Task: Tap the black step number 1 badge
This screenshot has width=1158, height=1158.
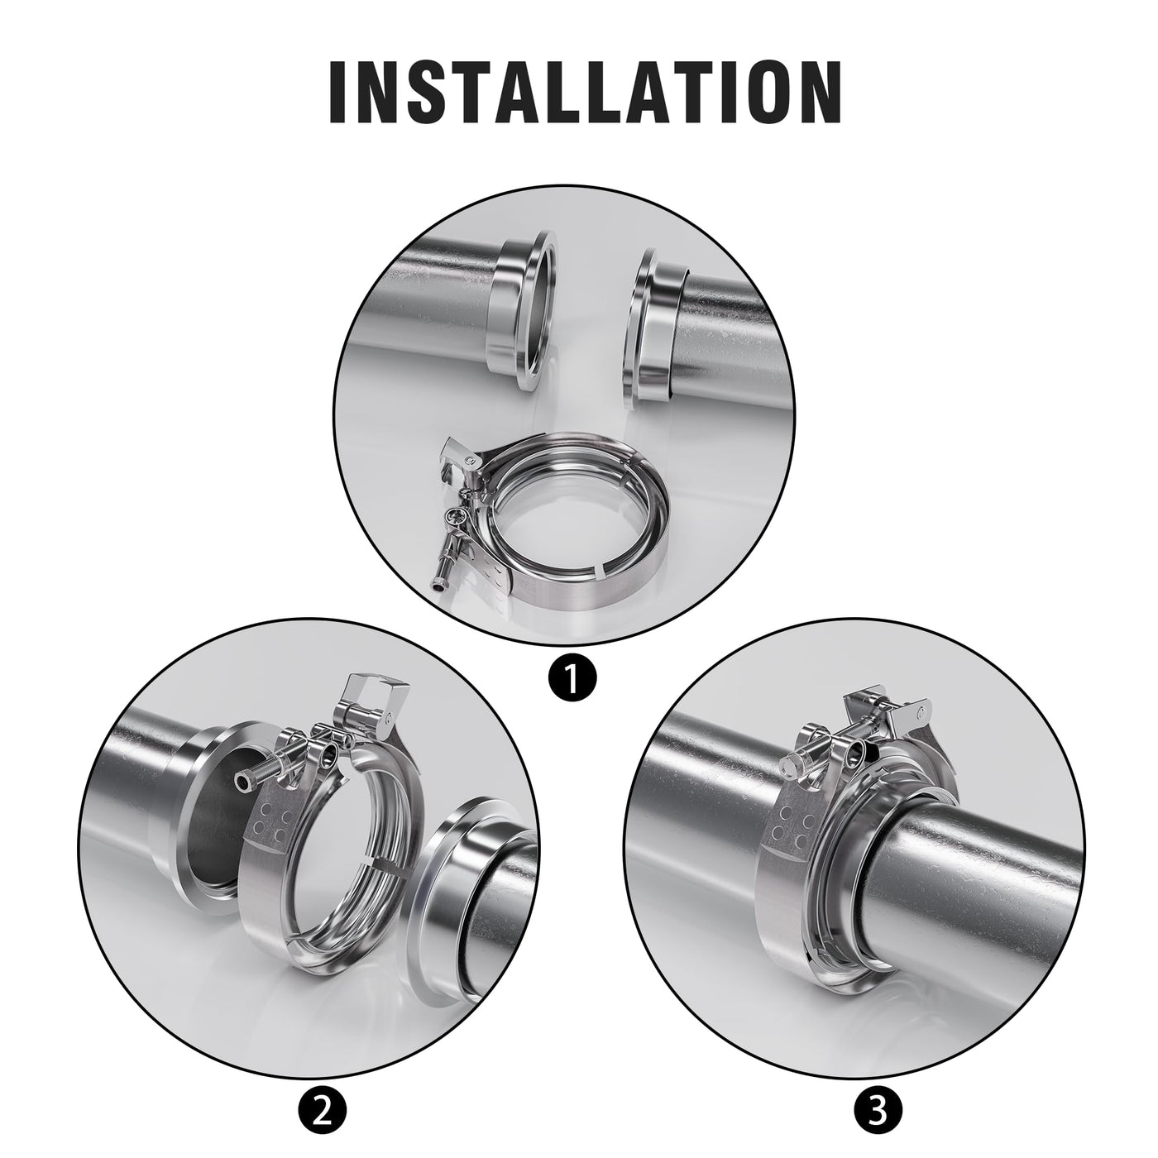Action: point(572,678)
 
